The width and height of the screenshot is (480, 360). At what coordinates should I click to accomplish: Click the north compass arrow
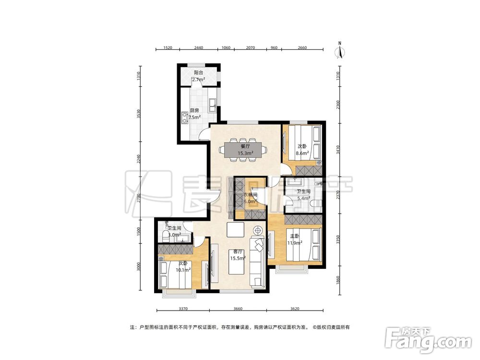click(x=340, y=51)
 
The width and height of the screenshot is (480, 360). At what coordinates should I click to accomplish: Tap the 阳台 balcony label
click(x=198, y=73)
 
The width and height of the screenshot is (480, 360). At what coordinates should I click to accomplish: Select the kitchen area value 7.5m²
click(x=195, y=117)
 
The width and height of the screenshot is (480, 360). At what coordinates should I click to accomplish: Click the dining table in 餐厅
click(x=243, y=150)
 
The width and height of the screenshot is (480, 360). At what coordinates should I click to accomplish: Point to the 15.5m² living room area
click(x=238, y=258)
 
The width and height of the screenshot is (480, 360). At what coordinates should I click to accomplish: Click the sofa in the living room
click(x=257, y=262)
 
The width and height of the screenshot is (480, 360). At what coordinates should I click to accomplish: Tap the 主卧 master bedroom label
click(x=295, y=236)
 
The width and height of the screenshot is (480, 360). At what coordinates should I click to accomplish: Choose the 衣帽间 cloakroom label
click(x=250, y=195)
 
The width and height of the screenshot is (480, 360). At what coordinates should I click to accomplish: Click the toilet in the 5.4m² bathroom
click(x=315, y=203)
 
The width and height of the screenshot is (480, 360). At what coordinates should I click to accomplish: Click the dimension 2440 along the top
click(x=198, y=48)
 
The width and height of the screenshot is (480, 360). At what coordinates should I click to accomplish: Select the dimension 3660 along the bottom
click(x=238, y=309)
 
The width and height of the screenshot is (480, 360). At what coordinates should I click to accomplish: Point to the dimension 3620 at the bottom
click(x=295, y=309)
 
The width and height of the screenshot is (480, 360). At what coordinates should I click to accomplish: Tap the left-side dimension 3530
click(x=139, y=114)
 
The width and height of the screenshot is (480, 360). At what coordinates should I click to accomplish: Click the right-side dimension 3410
click(x=337, y=150)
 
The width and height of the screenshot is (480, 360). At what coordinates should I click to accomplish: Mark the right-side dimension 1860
click(x=337, y=280)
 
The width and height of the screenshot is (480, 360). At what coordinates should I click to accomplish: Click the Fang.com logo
click(x=428, y=340)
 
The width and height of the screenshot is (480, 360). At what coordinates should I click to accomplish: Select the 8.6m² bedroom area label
click(x=302, y=154)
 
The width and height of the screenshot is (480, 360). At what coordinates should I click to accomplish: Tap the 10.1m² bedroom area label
click(x=183, y=270)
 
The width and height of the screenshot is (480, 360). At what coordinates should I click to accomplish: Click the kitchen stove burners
click(x=184, y=118)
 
